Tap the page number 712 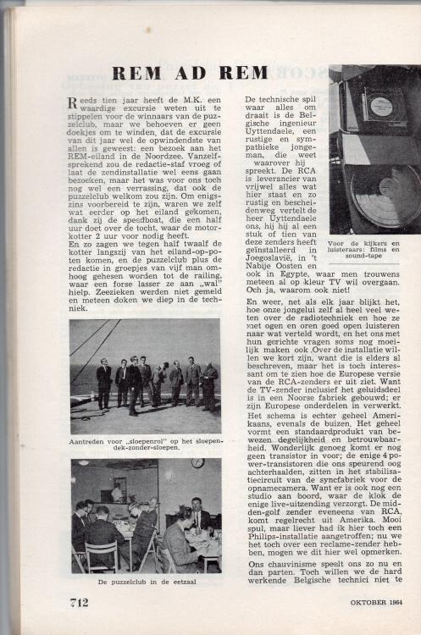(x=80, y=601)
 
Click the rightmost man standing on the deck (x=209, y=386)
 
